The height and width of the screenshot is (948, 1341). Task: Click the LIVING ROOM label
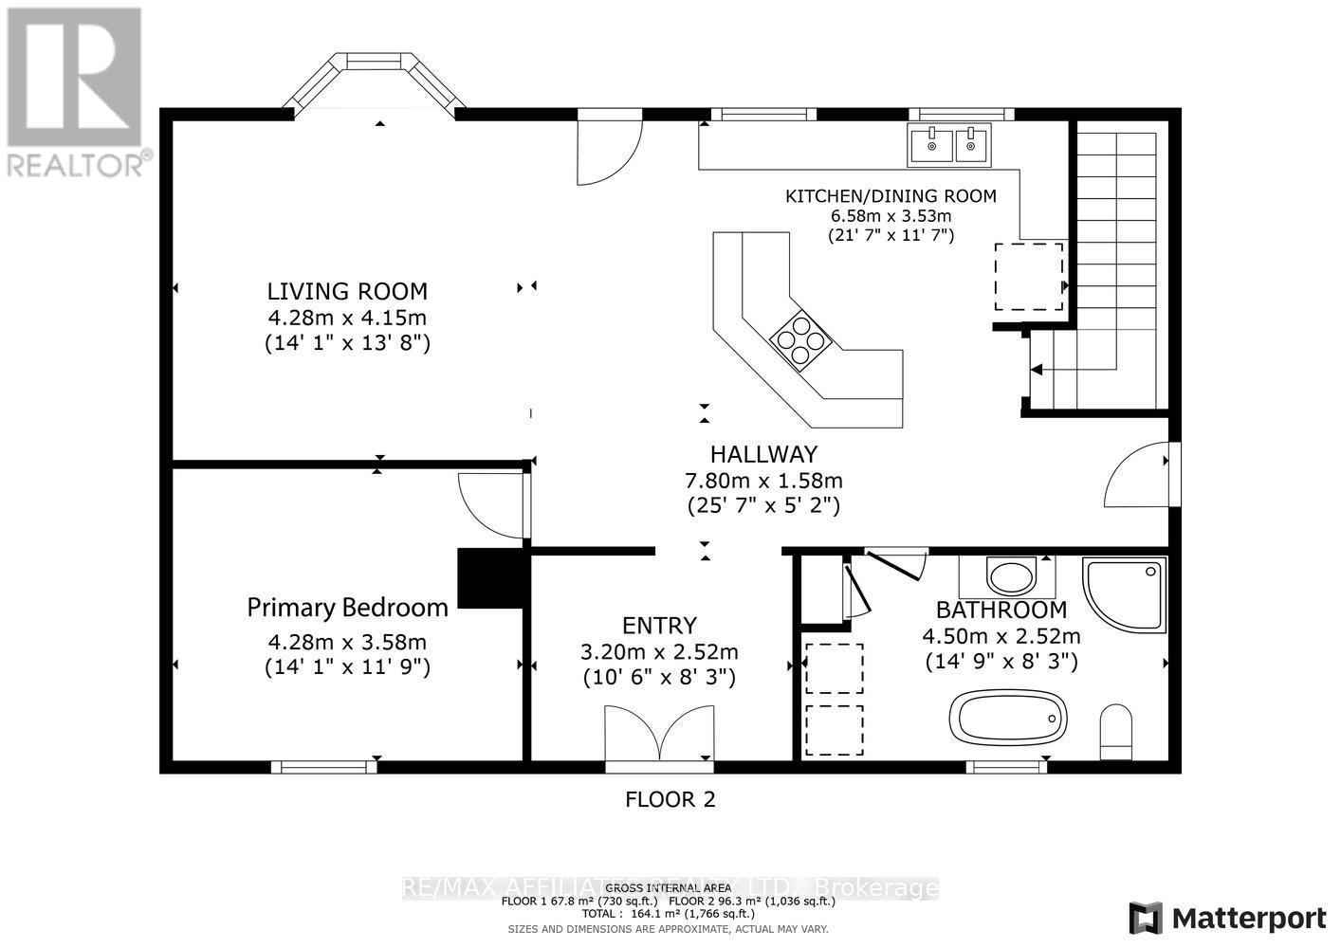pyautogui.click(x=346, y=292)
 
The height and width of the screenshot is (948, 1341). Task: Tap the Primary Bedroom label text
pyautogui.click(x=347, y=607)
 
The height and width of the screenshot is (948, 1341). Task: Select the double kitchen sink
pyautogui.click(x=949, y=145)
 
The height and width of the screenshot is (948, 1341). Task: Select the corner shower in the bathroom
pyautogui.click(x=1127, y=593)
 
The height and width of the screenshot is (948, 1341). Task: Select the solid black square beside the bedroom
pyautogui.click(x=490, y=578)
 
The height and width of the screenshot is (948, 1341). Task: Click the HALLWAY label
pyautogui.click(x=763, y=455)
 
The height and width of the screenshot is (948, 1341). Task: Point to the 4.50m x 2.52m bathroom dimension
pyautogui.click(x=1001, y=636)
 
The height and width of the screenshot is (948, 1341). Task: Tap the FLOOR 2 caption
pyautogui.click(x=670, y=800)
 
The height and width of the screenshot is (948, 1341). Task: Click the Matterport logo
pyautogui.click(x=1228, y=918)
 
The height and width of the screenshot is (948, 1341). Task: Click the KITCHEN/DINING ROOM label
pyautogui.click(x=891, y=196)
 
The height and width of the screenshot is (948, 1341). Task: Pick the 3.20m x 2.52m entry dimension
pyautogui.click(x=659, y=652)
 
